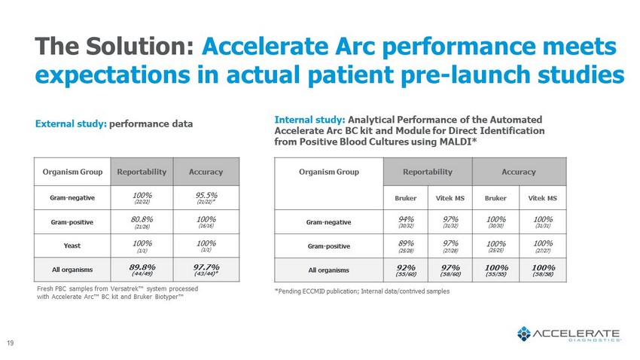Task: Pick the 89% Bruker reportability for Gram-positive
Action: (x=406, y=245)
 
